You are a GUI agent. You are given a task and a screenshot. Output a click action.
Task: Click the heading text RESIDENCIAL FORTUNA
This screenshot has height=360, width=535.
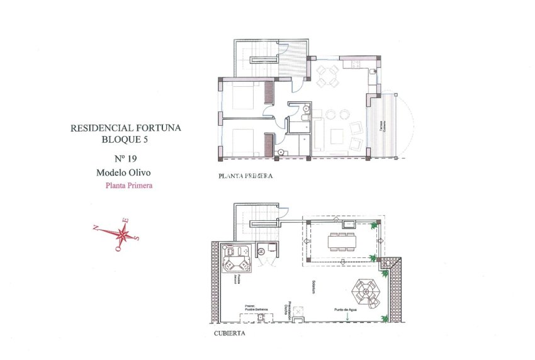point(126,128)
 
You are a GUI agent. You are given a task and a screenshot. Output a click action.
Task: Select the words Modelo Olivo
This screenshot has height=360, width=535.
point(125,172)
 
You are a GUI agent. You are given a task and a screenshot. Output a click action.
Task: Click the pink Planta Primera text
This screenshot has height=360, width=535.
point(129,186)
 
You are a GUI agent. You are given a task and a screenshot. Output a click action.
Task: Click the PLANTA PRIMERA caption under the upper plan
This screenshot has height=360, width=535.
point(245,177)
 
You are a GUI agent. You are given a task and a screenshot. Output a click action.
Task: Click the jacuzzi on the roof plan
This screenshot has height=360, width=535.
point(235,257)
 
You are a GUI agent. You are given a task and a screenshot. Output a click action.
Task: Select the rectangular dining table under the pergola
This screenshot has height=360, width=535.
point(341,240)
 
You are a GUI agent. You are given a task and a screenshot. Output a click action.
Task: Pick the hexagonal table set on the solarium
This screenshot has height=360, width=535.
point(364,291)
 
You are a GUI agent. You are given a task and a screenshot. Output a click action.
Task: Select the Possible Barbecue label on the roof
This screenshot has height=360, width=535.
point(257,308)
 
